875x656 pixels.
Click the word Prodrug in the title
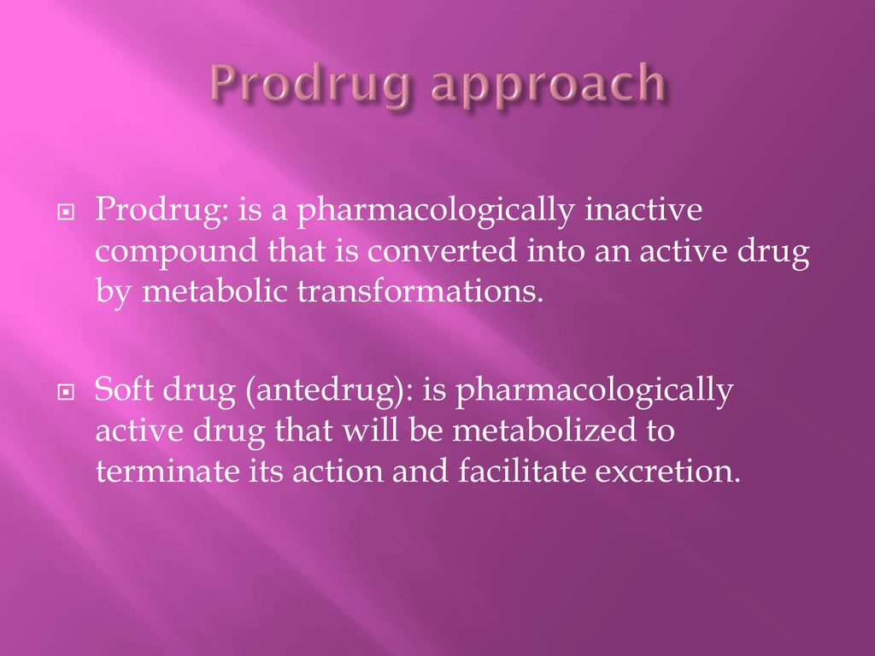coord(310,85)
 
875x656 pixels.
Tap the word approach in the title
coord(549,85)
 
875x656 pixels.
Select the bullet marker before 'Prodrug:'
coord(66,212)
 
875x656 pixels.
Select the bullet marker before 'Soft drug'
coord(66,392)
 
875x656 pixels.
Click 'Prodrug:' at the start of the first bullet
coord(161,210)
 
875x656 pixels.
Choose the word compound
coord(176,252)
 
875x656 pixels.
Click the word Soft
coord(124,389)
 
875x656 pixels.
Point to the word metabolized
coord(544,430)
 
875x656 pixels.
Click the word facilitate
coord(522,471)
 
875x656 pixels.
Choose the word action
coord(338,471)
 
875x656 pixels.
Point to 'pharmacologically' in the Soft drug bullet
coord(595,389)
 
